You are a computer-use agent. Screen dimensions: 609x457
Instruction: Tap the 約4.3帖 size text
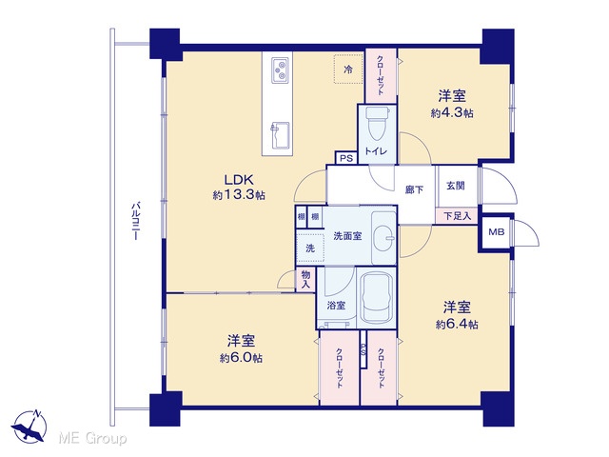click(x=452, y=113)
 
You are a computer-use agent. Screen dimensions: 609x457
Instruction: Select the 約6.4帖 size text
click(x=457, y=324)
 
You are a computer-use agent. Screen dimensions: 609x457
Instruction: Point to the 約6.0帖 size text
click(x=241, y=358)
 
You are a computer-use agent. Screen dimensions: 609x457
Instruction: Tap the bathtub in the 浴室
click(x=377, y=298)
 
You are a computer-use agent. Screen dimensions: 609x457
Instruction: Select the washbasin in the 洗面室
click(x=383, y=237)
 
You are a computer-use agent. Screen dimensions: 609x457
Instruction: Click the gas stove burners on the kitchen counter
click(x=280, y=70)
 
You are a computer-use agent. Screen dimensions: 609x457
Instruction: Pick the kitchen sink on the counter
click(x=280, y=135)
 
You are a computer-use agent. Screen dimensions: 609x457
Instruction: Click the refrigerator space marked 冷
click(x=348, y=69)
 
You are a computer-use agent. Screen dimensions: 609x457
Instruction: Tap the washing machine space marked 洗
click(x=310, y=248)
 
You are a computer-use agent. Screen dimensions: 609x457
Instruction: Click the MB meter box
click(x=496, y=232)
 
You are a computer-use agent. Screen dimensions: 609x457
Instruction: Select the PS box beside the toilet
click(x=346, y=158)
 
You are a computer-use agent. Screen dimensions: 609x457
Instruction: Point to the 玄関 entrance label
click(x=455, y=186)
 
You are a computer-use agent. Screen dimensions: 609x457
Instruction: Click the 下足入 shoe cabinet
click(x=457, y=216)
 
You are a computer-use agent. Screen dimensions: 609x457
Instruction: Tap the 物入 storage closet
click(x=306, y=279)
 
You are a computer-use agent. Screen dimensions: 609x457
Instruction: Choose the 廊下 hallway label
click(x=414, y=189)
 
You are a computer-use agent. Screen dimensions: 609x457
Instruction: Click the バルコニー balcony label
click(x=135, y=220)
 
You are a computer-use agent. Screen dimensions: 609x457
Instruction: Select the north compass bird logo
click(x=29, y=427)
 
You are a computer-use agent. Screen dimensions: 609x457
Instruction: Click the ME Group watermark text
click(x=92, y=438)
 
